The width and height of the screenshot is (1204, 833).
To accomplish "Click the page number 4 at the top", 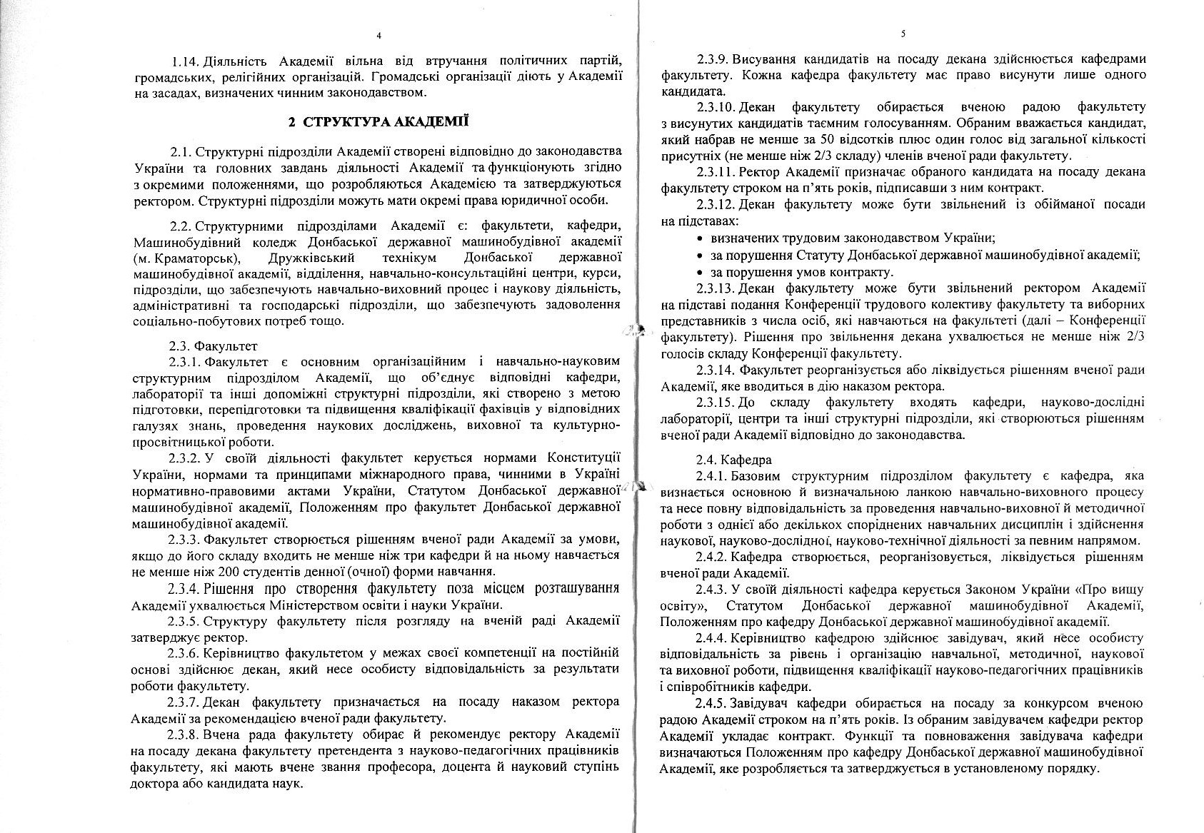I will (378, 35).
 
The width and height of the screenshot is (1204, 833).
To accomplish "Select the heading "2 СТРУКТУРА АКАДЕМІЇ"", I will (378, 121).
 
